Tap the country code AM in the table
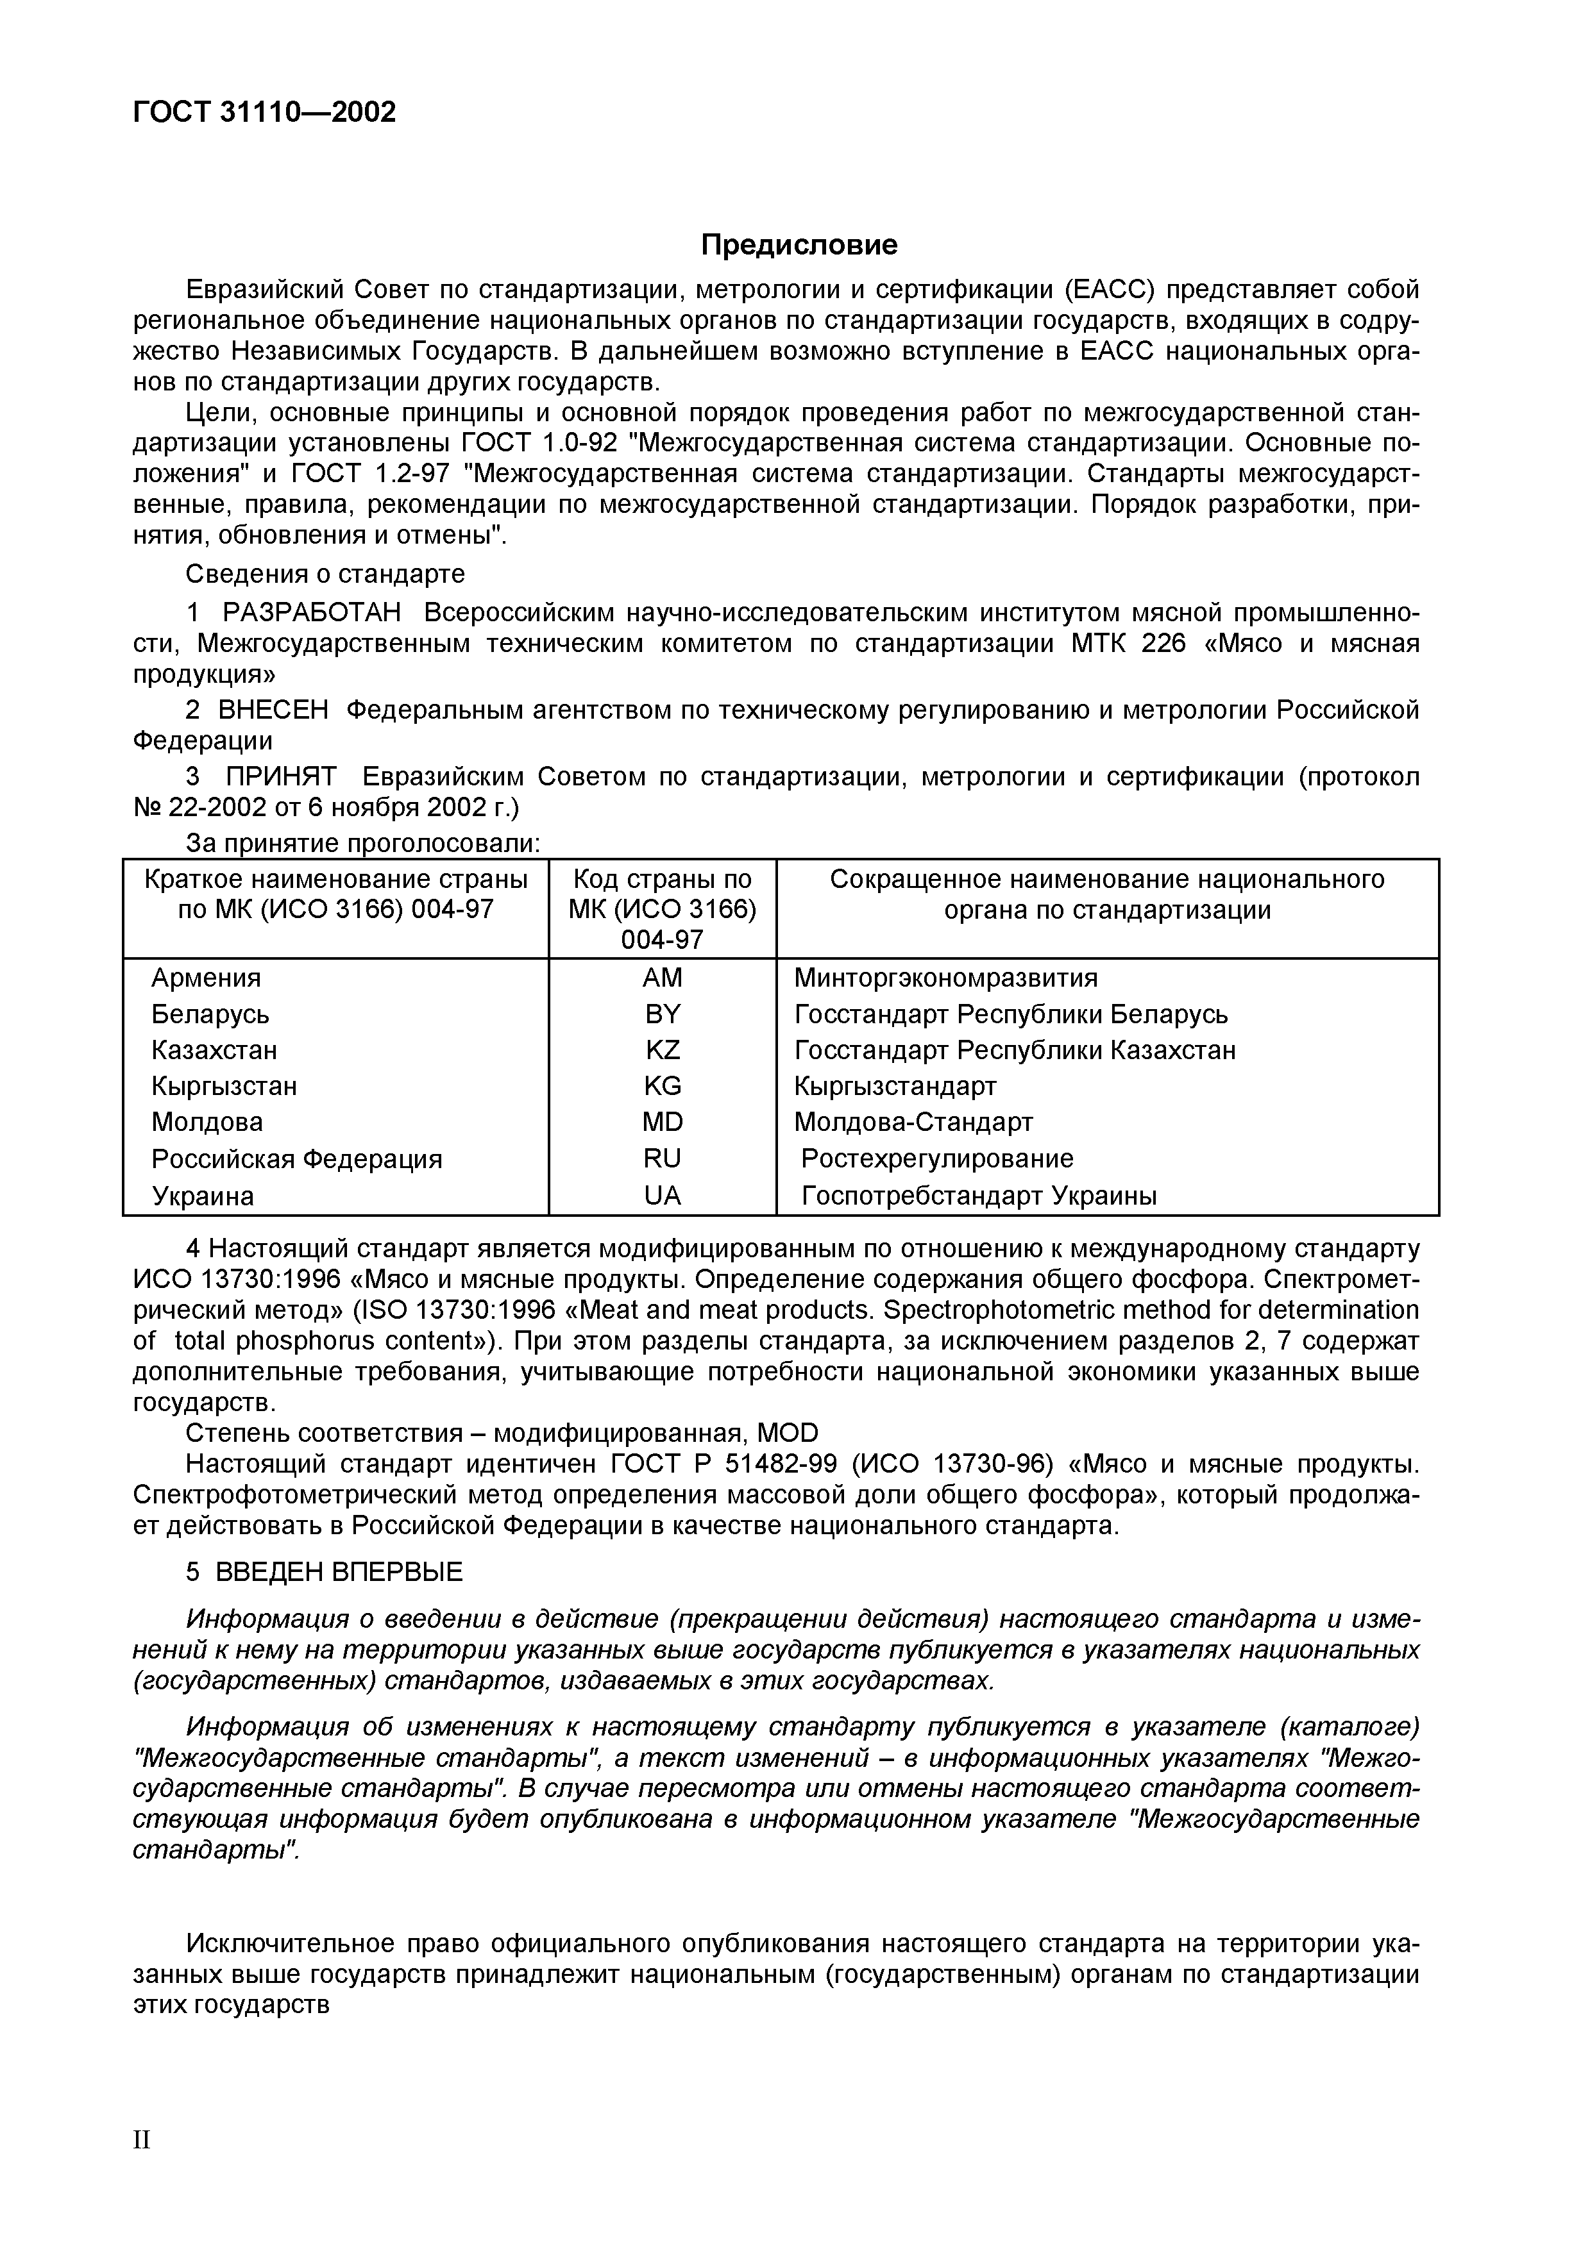663,978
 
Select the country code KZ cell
663,1050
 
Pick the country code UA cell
663,1196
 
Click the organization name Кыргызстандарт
895,1086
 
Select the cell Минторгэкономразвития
945,978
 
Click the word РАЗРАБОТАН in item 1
312,613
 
